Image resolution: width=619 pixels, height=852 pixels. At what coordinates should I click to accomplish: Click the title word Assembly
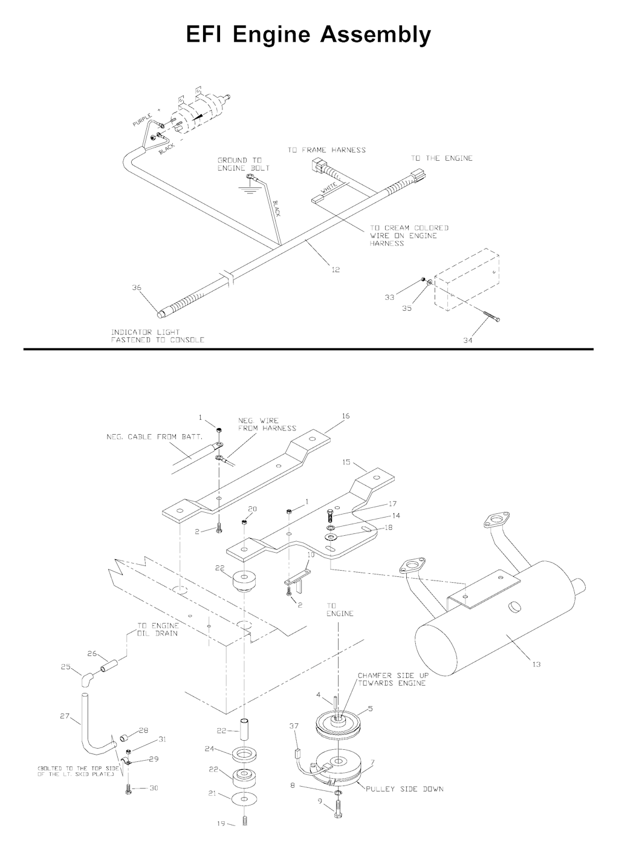tap(375, 35)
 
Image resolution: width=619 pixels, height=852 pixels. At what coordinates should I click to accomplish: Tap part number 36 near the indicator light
tap(137, 288)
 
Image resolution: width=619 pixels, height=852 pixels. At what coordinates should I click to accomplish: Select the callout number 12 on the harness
tap(335, 270)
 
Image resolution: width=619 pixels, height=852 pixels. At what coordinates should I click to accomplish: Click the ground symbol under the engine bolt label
tap(249, 189)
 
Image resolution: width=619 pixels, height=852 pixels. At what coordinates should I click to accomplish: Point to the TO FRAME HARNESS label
tap(326, 150)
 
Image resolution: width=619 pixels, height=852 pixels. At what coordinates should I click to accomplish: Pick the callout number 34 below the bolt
tap(468, 340)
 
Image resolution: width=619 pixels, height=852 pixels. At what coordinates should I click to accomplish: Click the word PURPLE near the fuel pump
tap(142, 120)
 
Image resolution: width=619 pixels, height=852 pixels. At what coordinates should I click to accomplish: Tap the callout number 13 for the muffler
tap(536, 664)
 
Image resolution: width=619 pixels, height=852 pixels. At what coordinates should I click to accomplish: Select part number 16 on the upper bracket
tap(345, 416)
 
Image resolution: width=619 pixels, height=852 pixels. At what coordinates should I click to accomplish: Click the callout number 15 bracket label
tap(346, 462)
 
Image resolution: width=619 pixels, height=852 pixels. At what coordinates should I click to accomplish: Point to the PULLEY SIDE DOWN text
tap(404, 789)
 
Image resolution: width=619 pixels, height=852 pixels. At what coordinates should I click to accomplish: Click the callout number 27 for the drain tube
tap(65, 716)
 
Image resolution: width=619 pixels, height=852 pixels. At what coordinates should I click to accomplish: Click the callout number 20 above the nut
tap(253, 509)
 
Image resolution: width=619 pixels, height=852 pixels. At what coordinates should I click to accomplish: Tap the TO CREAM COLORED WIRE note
tap(409, 235)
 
